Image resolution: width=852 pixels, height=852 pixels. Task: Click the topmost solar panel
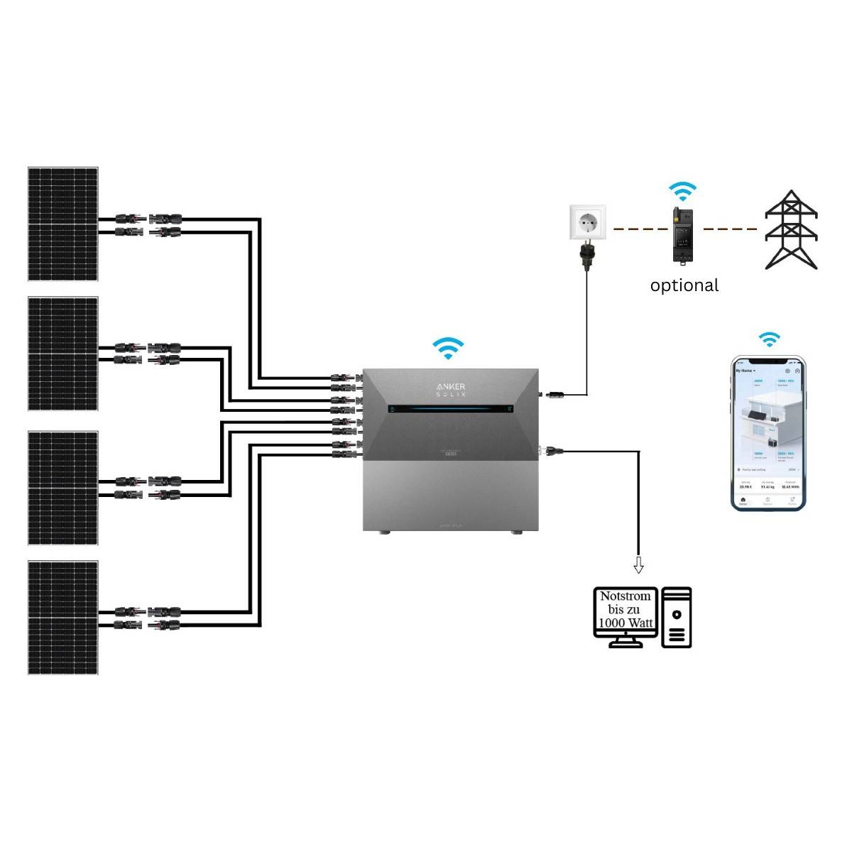(62, 224)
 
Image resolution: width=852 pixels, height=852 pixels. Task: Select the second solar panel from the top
(62, 354)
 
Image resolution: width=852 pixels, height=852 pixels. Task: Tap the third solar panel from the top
(62, 488)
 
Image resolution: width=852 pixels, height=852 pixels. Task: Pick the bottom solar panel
(62, 617)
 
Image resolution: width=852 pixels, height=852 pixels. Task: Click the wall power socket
(589, 223)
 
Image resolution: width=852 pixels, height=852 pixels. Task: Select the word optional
(684, 285)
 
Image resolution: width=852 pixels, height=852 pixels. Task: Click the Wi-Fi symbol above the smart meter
(683, 191)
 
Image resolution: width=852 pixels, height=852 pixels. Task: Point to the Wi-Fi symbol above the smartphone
(768, 339)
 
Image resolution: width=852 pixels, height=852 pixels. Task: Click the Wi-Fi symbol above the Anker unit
(448, 347)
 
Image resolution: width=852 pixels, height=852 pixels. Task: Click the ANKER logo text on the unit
(451, 386)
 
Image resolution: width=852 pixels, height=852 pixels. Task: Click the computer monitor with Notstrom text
(626, 612)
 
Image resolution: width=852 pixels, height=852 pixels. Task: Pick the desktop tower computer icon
(676, 617)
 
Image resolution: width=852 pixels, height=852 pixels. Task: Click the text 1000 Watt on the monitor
(626, 623)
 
